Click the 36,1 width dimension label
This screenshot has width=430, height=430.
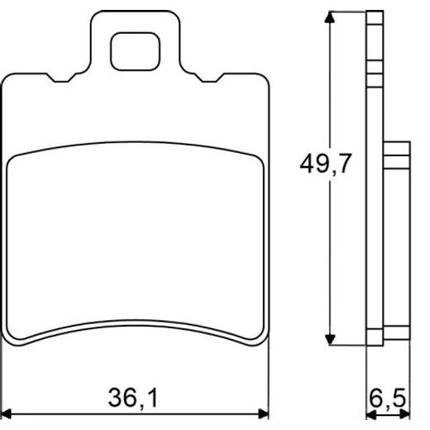pyautogui.click(x=132, y=399)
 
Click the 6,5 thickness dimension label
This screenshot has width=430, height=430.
pyautogui.click(x=389, y=399)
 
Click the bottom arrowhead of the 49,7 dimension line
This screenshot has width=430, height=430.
pyautogui.click(x=332, y=339)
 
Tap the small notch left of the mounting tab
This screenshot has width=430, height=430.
pyautogui.click(x=63, y=80)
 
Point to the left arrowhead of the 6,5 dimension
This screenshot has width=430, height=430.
pyautogui.click(x=370, y=412)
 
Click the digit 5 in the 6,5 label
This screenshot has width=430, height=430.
pyautogui.click(x=399, y=399)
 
